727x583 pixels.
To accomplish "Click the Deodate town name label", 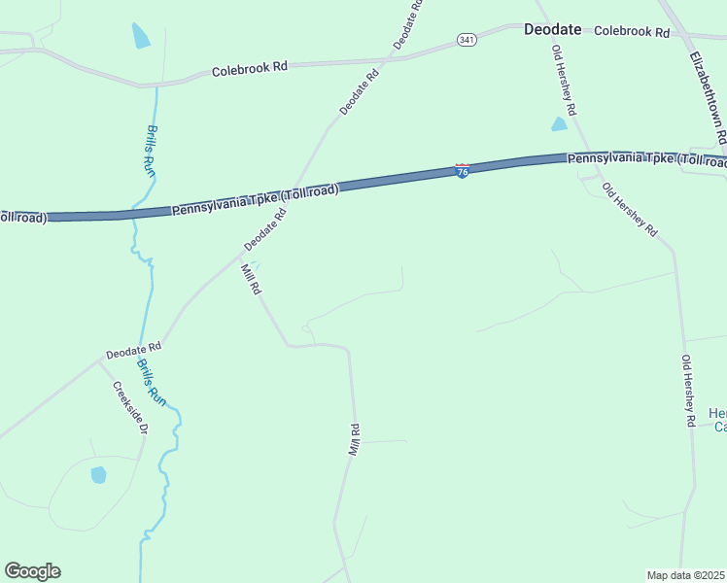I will pyautogui.click(x=552, y=29).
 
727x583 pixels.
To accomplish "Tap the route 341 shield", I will pyautogui.click(x=467, y=40).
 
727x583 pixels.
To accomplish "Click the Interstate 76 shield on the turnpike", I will pyautogui.click(x=463, y=171).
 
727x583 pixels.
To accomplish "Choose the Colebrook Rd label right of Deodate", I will pyautogui.click(x=632, y=31).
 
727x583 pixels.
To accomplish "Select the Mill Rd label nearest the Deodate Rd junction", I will pyautogui.click(x=251, y=279).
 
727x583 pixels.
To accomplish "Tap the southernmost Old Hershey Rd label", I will pyautogui.click(x=687, y=391).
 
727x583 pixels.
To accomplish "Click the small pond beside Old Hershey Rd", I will pyautogui.click(x=559, y=124).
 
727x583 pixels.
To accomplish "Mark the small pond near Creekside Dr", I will pyautogui.click(x=98, y=475).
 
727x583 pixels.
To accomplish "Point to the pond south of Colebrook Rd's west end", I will pyautogui.click(x=141, y=36).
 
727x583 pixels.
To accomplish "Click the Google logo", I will pyautogui.click(x=32, y=571).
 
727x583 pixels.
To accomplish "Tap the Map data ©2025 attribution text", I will pyautogui.click(x=686, y=575).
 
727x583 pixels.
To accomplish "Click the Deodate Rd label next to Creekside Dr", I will pyautogui.click(x=133, y=348).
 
